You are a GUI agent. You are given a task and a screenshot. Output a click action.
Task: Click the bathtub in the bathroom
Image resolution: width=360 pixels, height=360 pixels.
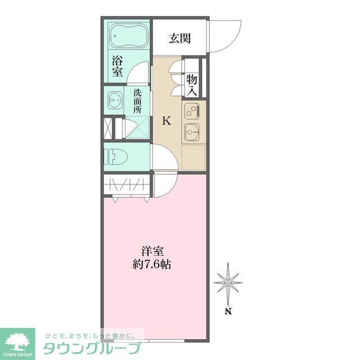pos(128,37)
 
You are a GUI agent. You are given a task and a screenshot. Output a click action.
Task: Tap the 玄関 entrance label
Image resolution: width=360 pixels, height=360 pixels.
pos(179,38)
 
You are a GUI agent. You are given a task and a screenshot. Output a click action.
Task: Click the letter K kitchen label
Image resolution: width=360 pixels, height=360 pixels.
pos(166,120)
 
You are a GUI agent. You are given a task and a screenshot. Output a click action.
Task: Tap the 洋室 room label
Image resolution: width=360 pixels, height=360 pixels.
pos(152,251)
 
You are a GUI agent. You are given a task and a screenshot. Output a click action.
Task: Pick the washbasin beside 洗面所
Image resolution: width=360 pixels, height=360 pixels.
pos(115,100)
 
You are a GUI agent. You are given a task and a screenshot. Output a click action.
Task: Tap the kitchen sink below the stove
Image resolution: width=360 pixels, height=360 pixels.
pos(191,132)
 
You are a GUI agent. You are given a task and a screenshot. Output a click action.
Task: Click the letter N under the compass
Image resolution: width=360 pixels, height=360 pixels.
pos(228,311)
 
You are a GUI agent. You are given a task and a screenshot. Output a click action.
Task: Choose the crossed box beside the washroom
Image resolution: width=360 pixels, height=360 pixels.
pos(107,128)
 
